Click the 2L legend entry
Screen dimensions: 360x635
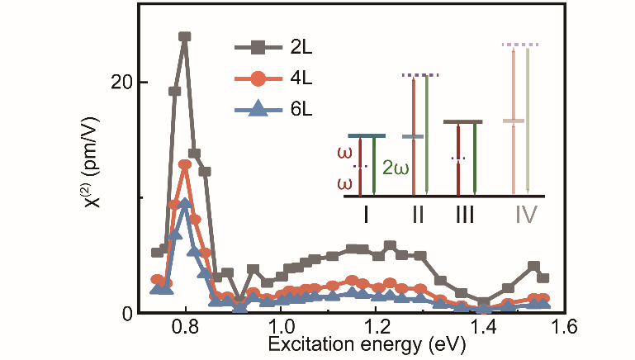point(277,49)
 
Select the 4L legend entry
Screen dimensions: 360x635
point(277,79)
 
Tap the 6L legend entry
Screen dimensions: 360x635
point(277,109)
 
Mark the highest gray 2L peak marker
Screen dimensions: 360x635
point(185,37)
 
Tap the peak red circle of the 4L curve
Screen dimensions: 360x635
point(185,165)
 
